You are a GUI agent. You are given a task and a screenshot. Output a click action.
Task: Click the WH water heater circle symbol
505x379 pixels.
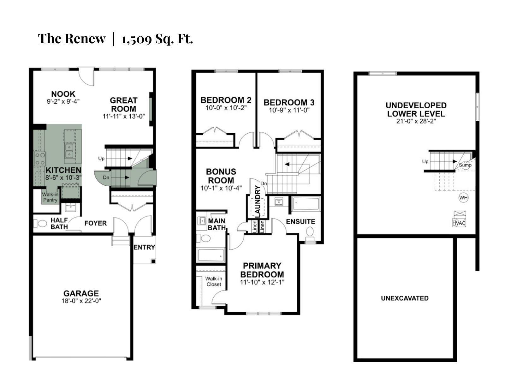463,198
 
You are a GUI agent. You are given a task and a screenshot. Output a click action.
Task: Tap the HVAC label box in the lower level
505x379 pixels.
459,223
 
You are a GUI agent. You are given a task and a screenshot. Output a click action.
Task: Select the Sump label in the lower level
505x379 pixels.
465,165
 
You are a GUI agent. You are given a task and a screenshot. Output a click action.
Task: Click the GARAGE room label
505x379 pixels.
81,293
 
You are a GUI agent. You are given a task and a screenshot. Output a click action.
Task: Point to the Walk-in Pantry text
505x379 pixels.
50,197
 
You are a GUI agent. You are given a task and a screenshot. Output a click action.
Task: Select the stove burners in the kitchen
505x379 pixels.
40,159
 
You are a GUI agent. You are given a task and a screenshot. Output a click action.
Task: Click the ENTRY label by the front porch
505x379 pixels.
144,247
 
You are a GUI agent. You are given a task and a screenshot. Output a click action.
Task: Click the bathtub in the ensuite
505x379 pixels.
306,204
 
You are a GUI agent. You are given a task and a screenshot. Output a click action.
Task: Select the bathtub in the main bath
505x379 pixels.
211,255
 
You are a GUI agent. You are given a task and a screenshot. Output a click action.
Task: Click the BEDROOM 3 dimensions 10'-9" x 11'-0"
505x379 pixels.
289,110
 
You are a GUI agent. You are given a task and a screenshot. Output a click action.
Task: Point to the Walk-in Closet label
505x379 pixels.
214,281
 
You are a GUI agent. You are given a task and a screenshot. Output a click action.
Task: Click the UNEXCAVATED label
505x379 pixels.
405,298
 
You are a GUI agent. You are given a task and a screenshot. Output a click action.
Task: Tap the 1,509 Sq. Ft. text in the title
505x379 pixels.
157,39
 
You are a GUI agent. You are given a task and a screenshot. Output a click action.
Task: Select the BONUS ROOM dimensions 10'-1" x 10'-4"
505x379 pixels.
221,188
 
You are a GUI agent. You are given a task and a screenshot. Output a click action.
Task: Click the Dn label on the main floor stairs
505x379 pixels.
106,177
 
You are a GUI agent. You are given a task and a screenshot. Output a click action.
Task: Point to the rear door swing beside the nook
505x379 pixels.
86,77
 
